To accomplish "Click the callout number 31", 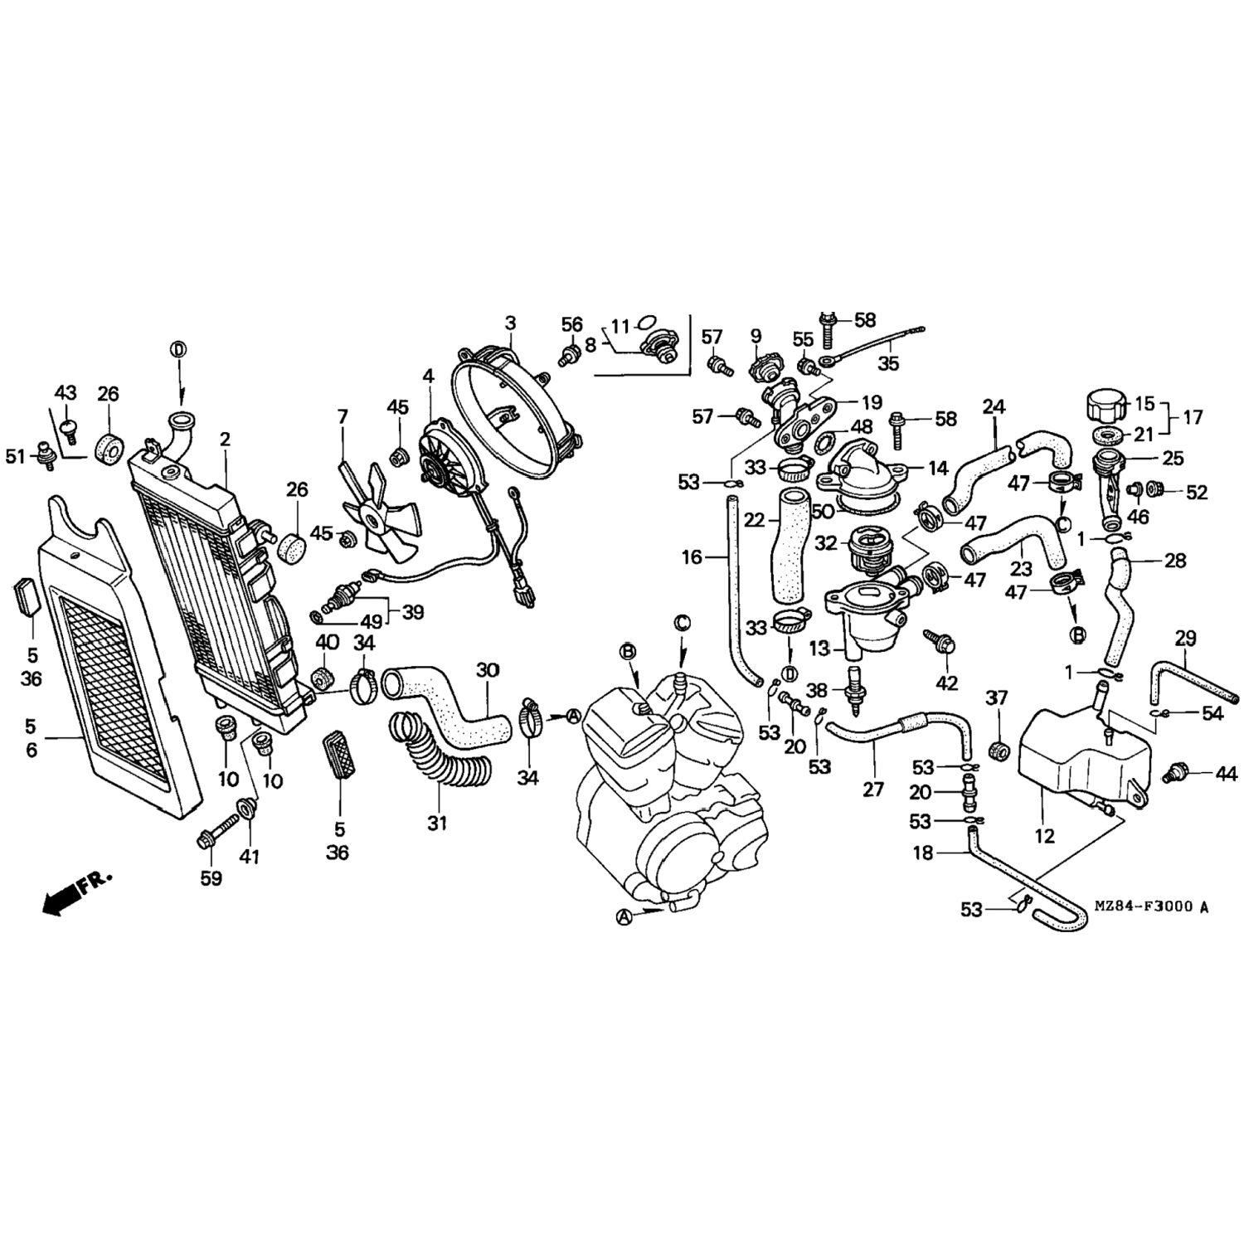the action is [x=437, y=823].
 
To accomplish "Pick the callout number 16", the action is [x=692, y=557].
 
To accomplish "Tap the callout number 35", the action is [x=888, y=363].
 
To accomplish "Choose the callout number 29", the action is [x=1186, y=638].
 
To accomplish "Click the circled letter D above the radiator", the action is [x=178, y=350].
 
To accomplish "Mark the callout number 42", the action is [x=946, y=683].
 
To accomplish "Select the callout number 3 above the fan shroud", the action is [x=510, y=323].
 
